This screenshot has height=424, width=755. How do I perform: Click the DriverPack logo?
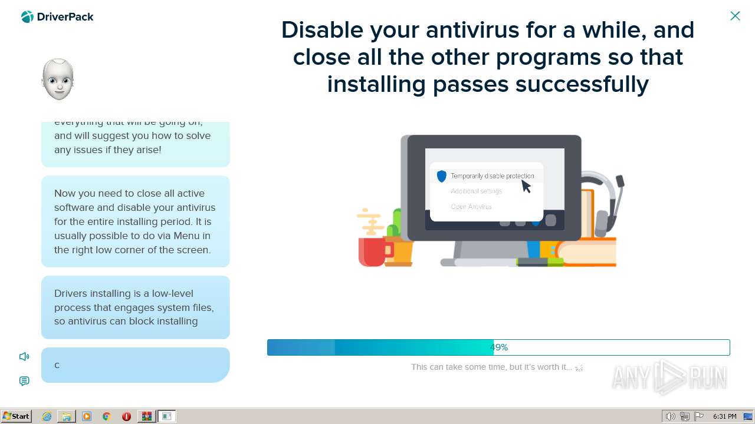coord(57,17)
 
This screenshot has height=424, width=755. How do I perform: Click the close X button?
coord(735,16)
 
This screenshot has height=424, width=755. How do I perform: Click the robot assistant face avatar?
coord(58,79)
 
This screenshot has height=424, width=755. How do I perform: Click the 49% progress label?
coord(499,347)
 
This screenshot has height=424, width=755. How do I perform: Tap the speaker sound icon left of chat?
coord(24,356)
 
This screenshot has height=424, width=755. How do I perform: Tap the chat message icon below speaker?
coord(24,381)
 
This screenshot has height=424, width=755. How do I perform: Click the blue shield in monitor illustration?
coord(442,176)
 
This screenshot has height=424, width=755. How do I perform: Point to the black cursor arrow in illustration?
coord(526,186)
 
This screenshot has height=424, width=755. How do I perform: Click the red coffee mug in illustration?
coord(372,251)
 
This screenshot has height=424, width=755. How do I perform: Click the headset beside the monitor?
coord(605,200)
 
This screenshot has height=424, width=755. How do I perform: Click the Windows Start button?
coord(16,416)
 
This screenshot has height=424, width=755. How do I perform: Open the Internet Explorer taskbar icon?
coord(47,416)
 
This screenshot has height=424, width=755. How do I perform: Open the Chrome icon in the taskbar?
coord(107,416)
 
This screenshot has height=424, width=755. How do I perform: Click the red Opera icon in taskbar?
coord(126,416)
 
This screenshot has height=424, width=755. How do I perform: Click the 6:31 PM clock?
coord(724,416)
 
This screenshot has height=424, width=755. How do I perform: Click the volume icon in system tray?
coord(670,416)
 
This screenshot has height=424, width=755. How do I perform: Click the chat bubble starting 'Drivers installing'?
coord(135,307)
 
